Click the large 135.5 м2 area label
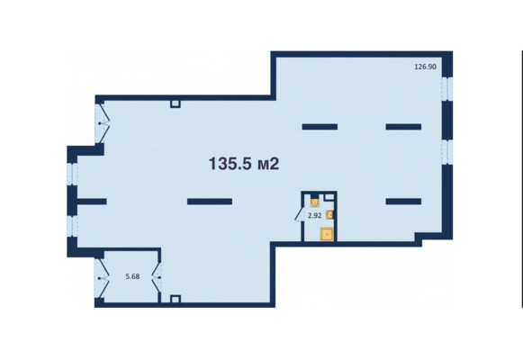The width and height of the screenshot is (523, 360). [x=244, y=164]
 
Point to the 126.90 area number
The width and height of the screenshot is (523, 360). [x=425, y=67]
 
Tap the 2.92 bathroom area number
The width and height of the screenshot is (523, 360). [x=314, y=216]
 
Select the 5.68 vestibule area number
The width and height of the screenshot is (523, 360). [x=132, y=276]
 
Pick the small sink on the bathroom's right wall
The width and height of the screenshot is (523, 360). [x=329, y=214]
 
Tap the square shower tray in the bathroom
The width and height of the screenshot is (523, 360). [x=327, y=234]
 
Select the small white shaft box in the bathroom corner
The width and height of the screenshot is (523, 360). [x=329, y=197]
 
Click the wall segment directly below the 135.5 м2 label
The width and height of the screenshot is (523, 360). [x=210, y=202]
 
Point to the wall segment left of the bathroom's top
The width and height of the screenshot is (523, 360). [x=320, y=127]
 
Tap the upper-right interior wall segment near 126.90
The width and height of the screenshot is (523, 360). [x=403, y=127]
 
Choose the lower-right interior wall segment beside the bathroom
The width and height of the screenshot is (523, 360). [x=403, y=202]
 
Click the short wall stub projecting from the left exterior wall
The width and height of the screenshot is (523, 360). [x=92, y=202]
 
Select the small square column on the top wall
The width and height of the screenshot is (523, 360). [x=176, y=103]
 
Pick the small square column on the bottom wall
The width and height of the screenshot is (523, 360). [x=176, y=299]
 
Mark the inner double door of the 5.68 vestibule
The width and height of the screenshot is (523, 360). [x=157, y=277]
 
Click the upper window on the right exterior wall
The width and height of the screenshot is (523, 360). [x=447, y=88]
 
